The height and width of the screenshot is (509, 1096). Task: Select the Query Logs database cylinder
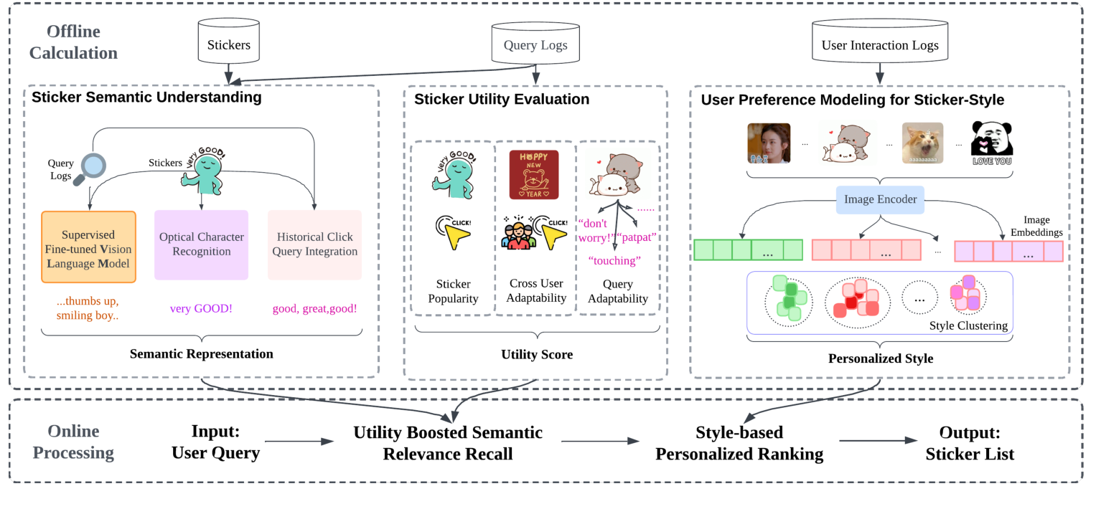pyautogui.click(x=535, y=45)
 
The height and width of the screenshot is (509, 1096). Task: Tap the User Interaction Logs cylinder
pyautogui.click(x=880, y=44)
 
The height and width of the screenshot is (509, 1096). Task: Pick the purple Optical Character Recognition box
pyautogui.click(x=201, y=244)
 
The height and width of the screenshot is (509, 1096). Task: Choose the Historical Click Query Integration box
pyautogui.click(x=314, y=244)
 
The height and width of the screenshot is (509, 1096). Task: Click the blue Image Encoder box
pyautogui.click(x=880, y=199)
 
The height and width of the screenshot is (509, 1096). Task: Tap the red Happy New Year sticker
pyautogui.click(x=533, y=174)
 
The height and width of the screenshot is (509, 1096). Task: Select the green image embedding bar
pyautogui.click(x=748, y=250)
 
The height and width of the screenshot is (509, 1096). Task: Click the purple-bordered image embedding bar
pyautogui.click(x=1008, y=251)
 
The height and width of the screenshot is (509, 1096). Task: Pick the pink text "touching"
pyautogui.click(x=614, y=260)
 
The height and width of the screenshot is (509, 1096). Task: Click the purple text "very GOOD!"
pyautogui.click(x=200, y=309)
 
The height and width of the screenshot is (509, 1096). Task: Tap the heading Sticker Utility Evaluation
pyautogui.click(x=502, y=99)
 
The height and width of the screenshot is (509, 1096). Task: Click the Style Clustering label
pyautogui.click(x=968, y=325)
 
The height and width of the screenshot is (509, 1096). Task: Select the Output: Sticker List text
pyautogui.click(x=970, y=443)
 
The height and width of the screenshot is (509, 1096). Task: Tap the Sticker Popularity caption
pyautogui.click(x=452, y=291)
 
